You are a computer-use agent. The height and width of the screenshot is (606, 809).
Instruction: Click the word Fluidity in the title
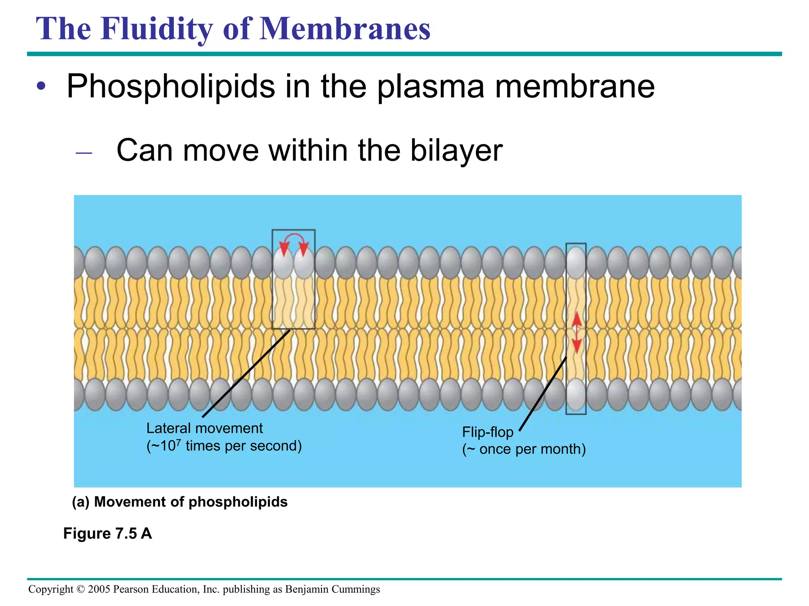tap(156, 29)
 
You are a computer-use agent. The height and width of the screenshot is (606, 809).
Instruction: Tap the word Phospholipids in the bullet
tap(171, 86)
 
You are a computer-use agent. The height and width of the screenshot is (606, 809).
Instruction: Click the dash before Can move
tap(84, 153)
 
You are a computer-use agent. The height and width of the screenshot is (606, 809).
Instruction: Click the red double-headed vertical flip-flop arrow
tap(577, 332)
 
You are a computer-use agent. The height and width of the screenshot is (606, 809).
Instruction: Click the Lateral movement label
tap(204, 428)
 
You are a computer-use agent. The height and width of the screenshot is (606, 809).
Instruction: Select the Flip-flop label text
tap(487, 432)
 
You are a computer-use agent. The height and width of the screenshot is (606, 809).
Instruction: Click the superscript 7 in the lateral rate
tap(179, 441)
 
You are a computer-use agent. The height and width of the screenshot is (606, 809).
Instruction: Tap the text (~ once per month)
tap(524, 449)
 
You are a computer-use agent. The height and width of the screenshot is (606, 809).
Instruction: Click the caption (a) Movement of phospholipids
tap(180, 502)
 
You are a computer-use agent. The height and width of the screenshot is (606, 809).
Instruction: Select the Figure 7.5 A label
tap(107, 533)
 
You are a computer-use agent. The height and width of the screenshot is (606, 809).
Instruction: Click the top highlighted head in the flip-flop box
tap(576, 261)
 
